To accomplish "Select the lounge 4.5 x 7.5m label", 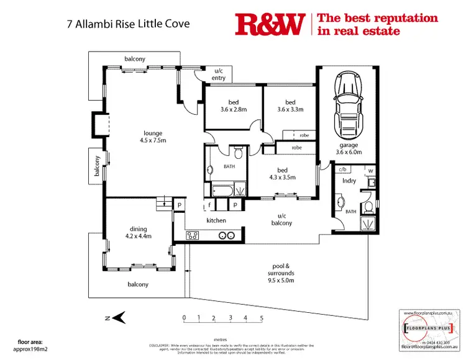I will pos(152,137).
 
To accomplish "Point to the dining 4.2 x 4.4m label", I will pos(139,232).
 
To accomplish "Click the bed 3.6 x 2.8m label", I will pos(234,106).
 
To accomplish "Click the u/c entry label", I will pos(219,74).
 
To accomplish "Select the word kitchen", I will pos(216,220).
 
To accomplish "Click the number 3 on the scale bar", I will pos(230,318).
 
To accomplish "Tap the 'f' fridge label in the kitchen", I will pos(210,204).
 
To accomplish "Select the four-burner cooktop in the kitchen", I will pos(193,235).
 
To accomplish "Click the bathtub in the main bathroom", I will pos(224,189).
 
